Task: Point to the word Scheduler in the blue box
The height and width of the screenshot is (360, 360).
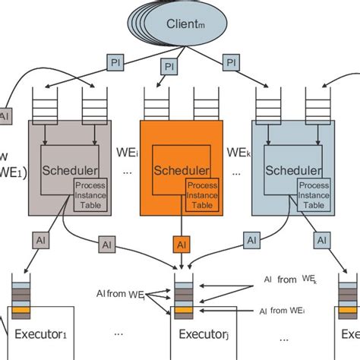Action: click(x=290, y=169)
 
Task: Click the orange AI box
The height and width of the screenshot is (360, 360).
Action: click(x=181, y=245)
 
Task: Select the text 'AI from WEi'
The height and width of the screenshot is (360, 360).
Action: click(x=285, y=311)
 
